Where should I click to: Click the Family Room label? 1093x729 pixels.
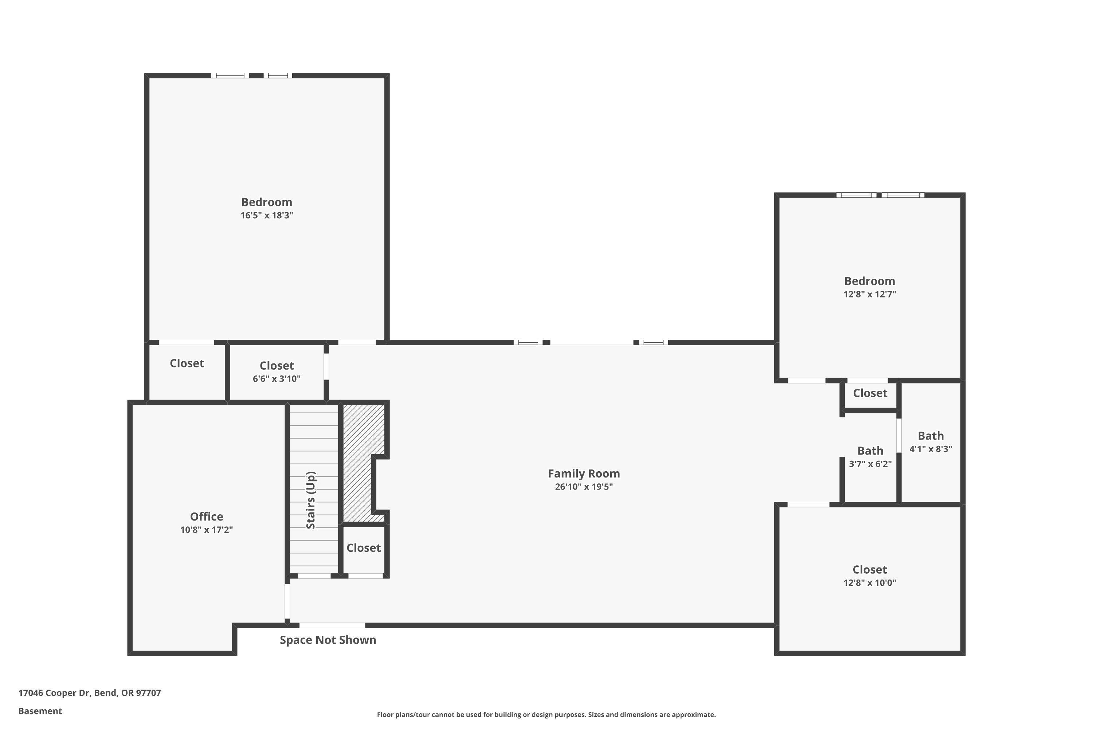point(584,473)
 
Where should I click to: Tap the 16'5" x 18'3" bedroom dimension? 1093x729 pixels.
point(267,215)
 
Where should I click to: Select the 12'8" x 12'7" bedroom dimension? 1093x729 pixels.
point(869,294)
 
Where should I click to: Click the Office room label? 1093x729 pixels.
point(206,516)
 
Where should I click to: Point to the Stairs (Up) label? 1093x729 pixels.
point(311,500)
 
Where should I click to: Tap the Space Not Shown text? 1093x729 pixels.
point(328,640)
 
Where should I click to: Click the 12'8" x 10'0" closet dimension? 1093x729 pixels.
point(869,582)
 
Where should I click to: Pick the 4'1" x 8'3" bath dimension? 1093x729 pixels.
point(931,449)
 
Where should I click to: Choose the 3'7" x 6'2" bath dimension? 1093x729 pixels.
point(870,464)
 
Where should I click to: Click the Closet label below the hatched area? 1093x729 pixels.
point(363,548)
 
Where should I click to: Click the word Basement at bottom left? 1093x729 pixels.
point(40,711)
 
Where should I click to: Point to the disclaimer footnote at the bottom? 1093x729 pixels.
point(546,714)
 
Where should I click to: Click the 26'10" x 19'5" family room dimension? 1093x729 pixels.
point(584,487)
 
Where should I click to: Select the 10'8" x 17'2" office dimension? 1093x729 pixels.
point(206,530)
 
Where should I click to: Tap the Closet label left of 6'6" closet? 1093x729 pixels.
point(187,363)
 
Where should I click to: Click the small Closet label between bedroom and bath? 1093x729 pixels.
point(870,393)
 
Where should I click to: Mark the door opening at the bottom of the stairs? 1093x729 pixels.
point(314,576)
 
